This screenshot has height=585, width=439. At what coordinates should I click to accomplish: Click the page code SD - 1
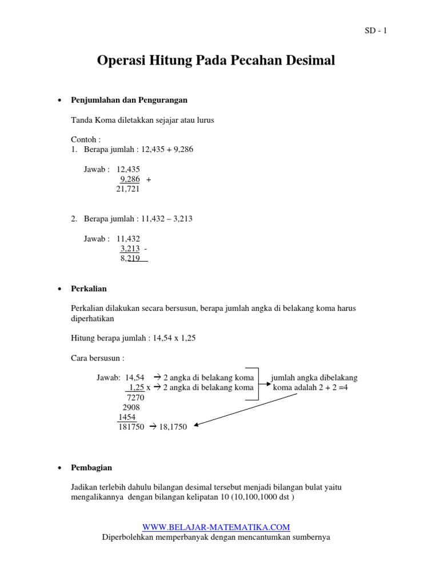[376, 31]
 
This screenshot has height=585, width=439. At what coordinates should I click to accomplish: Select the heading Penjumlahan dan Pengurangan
[129, 100]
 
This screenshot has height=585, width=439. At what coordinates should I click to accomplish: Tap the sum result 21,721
[127, 189]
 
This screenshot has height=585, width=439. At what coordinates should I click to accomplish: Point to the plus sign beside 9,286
[149, 179]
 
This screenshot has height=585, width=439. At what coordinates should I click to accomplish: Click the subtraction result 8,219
[130, 258]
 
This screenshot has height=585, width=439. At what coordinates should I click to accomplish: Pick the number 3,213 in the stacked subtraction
[130, 249]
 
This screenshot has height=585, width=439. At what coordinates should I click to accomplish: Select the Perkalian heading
[89, 289]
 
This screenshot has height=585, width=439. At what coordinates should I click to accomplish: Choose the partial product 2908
[131, 407]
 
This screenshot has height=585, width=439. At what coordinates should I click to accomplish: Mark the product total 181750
[131, 427]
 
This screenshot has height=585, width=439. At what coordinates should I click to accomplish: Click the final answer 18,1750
[173, 427]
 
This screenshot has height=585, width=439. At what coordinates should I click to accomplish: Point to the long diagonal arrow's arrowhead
[196, 425]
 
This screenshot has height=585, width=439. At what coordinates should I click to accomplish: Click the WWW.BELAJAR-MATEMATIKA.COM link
[216, 527]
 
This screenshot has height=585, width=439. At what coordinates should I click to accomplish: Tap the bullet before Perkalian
[61, 290]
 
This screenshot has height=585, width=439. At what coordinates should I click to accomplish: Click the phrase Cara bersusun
[95, 358]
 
